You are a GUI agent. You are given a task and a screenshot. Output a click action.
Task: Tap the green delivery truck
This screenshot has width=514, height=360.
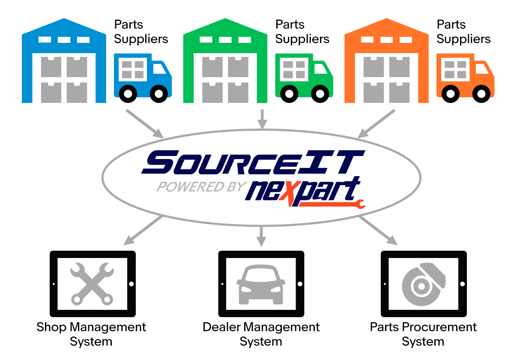pyautogui.click(x=303, y=77)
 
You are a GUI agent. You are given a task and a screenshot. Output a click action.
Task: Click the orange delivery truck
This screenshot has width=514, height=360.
pyautogui.click(x=465, y=77)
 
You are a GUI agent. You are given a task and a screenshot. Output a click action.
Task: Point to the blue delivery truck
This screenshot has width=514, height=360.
pyautogui.click(x=142, y=77)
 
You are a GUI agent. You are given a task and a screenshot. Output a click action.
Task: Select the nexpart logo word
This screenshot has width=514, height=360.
pyautogui.click(x=302, y=191)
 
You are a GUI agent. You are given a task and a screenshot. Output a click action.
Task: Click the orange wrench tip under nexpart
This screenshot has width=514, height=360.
pyautogui.click(x=359, y=204)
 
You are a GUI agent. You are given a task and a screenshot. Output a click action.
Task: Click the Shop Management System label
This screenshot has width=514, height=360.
pyautogui.click(x=91, y=334)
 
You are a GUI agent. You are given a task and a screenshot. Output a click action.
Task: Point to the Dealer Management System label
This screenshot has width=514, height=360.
pyautogui.click(x=261, y=334)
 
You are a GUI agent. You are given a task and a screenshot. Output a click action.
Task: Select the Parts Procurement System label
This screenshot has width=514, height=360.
pyautogui.click(x=423, y=334)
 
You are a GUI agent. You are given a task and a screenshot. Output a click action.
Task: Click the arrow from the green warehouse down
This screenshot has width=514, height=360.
pyautogui.click(x=262, y=119)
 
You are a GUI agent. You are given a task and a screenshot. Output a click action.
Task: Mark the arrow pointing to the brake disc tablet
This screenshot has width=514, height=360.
pyautogui.click(x=377, y=230)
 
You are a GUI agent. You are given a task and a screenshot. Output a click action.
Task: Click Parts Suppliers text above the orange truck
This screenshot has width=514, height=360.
pyautogui.click(x=463, y=32)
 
